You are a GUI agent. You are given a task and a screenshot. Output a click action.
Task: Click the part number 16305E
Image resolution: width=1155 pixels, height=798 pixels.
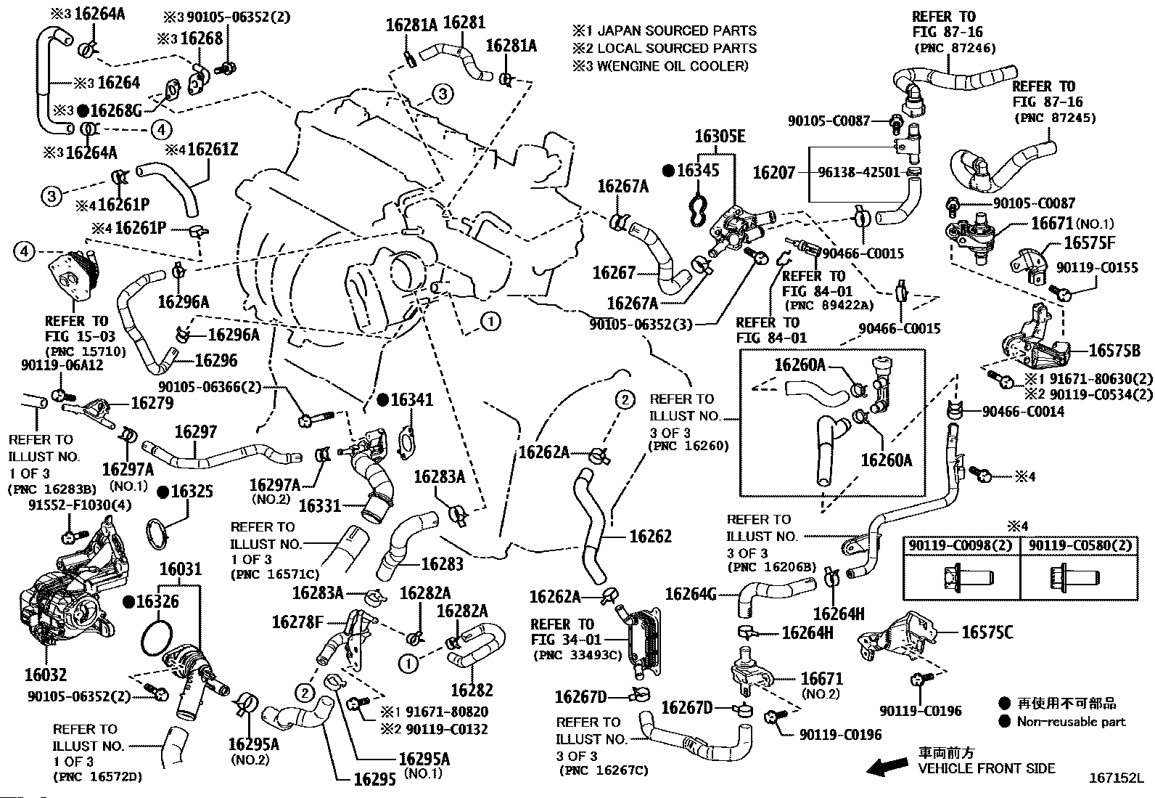coord(720,137)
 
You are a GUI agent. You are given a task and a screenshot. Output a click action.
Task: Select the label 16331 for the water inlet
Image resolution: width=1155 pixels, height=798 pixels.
coord(320,505)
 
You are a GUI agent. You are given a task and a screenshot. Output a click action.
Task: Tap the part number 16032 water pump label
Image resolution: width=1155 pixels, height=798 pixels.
coord(45,675)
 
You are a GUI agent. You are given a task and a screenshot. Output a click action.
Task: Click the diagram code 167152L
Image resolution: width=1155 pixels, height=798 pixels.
coord(1115,778)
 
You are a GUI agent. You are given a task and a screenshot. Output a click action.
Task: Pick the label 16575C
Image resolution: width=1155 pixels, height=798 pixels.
coord(987,632)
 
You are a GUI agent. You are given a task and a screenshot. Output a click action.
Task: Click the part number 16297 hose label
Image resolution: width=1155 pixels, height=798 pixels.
coord(195,432)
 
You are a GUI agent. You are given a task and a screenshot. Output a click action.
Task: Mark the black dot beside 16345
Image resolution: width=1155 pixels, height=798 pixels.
coord(668,171)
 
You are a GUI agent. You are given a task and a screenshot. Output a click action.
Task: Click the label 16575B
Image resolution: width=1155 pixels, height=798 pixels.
coord(1114,350)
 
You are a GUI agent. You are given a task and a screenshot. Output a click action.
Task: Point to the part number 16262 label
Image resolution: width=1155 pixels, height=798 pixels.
coord(650,536)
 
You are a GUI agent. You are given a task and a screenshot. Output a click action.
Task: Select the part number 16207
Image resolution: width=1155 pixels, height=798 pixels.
coord(774,173)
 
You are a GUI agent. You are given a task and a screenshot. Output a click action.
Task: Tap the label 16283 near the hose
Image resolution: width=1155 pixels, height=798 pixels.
coord(442,563)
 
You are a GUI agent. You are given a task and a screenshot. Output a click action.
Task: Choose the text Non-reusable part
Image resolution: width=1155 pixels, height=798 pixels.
coord(1071,721)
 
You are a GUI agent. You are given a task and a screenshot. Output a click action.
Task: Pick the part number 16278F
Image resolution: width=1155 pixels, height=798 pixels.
coord(297,622)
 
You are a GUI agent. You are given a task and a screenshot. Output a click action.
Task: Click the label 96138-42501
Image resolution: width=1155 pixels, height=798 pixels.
coord(858,173)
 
